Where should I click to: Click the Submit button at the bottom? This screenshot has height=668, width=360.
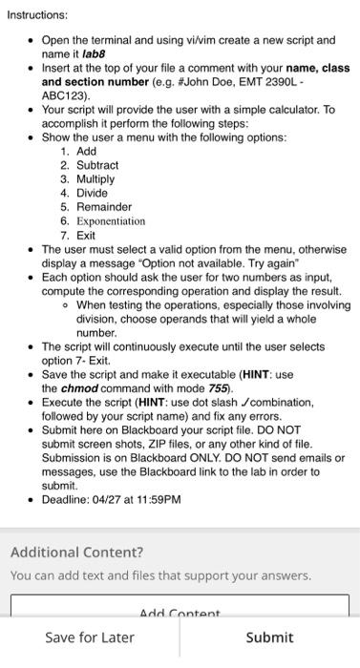269,637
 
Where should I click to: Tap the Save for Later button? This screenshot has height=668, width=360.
90,637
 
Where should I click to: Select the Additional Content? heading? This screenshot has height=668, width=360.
76,553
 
